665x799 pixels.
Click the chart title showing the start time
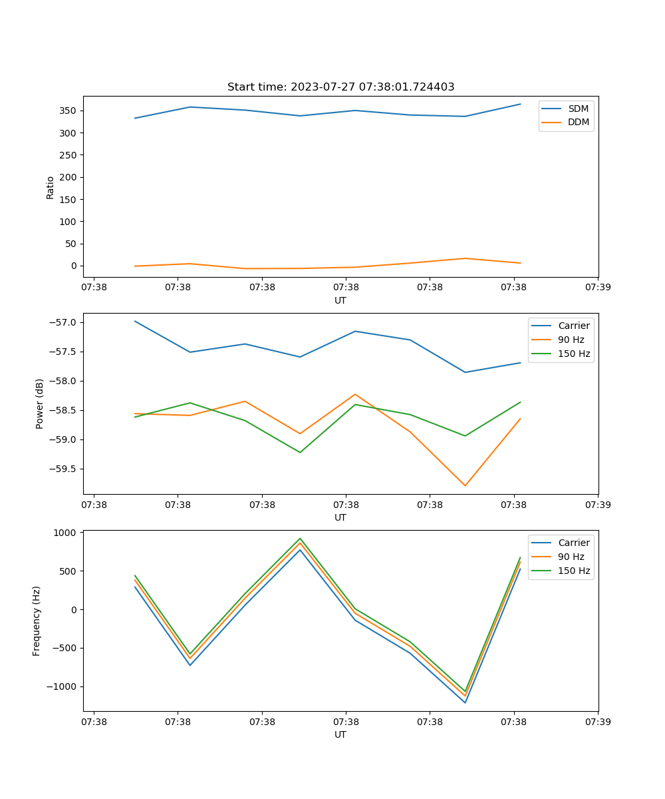point(340,87)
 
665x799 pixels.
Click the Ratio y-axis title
point(51,187)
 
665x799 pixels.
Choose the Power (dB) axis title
point(40,403)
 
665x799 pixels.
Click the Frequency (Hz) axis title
point(37,621)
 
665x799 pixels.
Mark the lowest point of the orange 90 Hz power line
point(465,485)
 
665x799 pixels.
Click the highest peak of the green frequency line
point(300,538)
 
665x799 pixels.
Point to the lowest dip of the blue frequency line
point(465,702)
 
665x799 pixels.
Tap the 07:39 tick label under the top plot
point(597,288)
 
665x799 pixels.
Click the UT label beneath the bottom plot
point(340,734)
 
